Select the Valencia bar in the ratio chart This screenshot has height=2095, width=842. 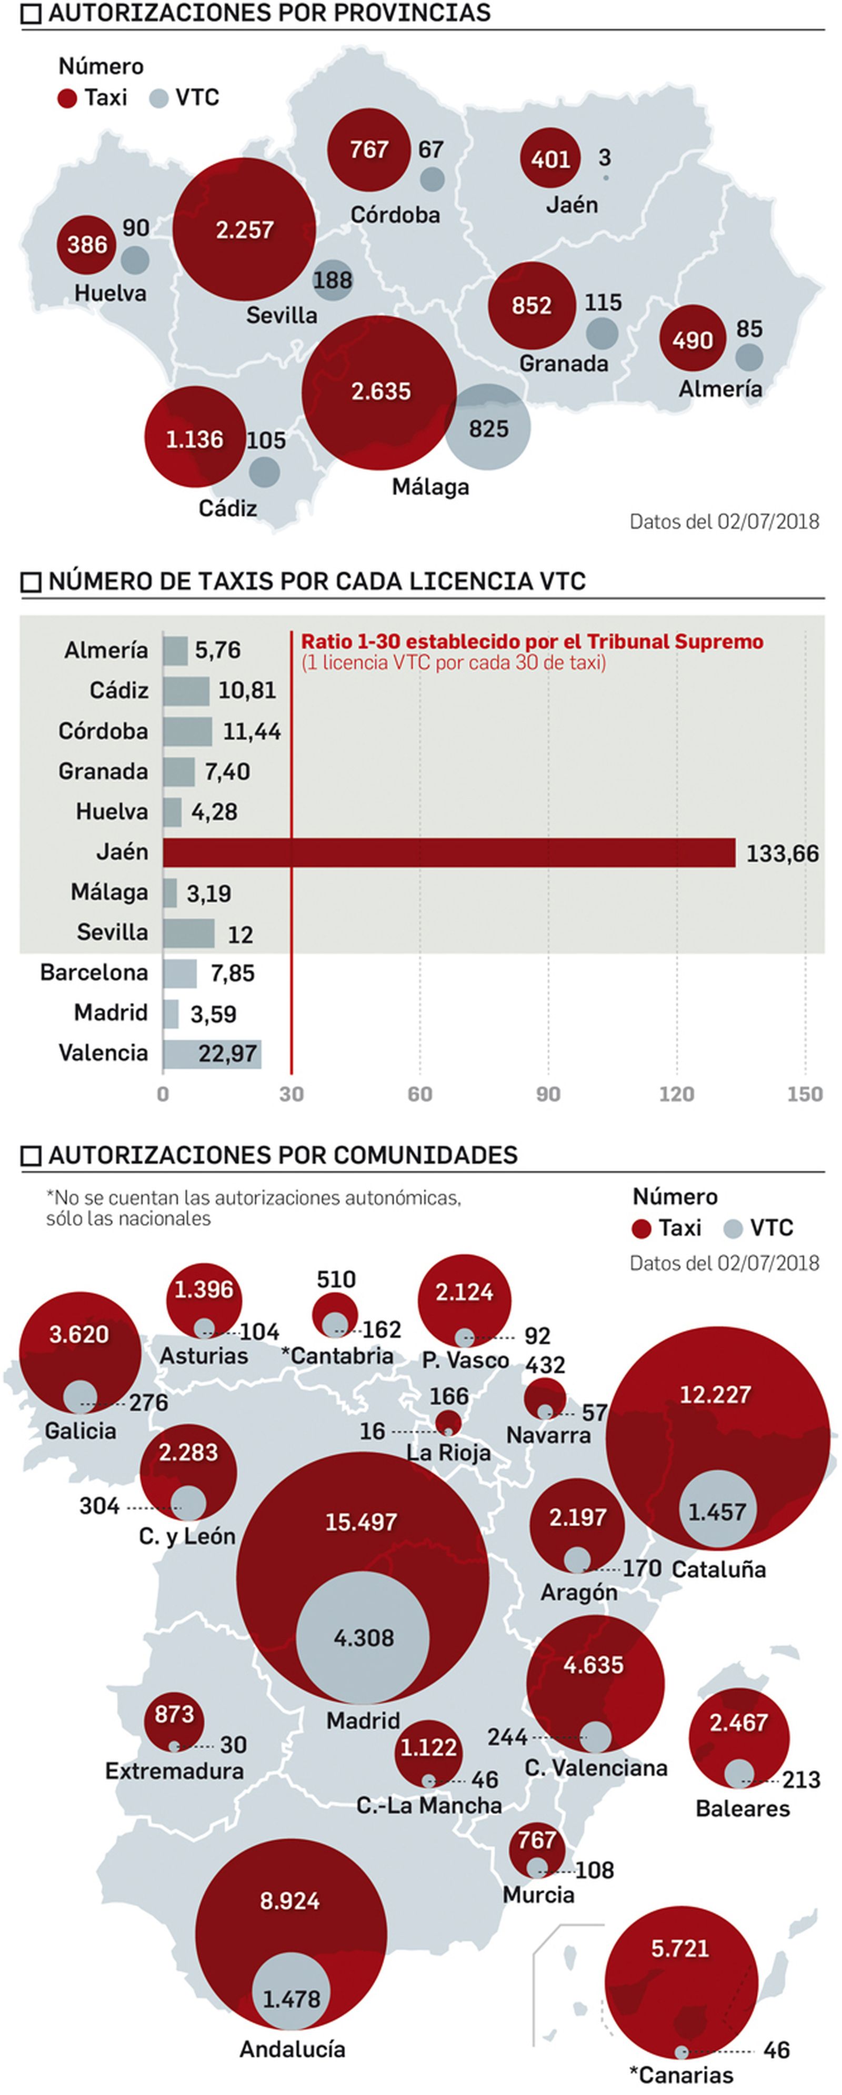pos(212,1054)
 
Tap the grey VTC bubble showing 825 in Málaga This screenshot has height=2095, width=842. pos(488,427)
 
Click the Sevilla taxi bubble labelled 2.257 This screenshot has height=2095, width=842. pos(244,229)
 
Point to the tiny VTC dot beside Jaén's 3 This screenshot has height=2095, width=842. pos(605,177)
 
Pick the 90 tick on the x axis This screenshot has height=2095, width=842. pos(548,1094)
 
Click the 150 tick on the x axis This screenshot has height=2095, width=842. pos(805,1094)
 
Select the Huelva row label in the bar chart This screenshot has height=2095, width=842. pos(112,812)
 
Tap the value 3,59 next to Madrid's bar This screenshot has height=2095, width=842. pos(213,1014)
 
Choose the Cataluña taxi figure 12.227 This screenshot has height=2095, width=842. pos(715,1394)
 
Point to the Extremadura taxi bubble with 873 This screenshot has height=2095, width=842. pos(174,1715)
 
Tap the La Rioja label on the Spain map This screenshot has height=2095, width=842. pos(448,1453)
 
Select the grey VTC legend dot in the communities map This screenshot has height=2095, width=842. pos(733,1229)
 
